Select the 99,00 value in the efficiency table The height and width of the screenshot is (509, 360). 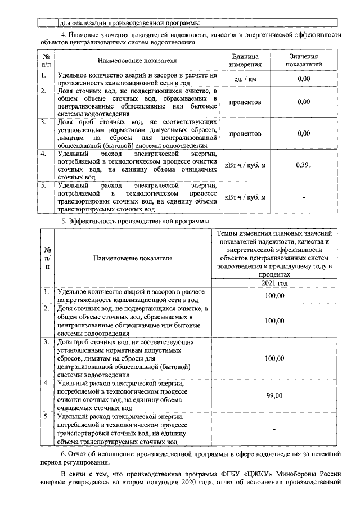274,395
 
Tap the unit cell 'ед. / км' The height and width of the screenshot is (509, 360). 245,79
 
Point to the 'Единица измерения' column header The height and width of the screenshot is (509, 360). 245,61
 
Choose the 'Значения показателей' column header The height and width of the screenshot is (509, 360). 304,61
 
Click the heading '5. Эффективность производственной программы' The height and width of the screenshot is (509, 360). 131,222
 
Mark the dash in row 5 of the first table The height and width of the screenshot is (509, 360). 304,197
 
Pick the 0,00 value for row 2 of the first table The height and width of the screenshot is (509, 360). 304,102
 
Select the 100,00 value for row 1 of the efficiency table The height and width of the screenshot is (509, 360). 274,295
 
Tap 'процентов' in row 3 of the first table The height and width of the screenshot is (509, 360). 245,134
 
